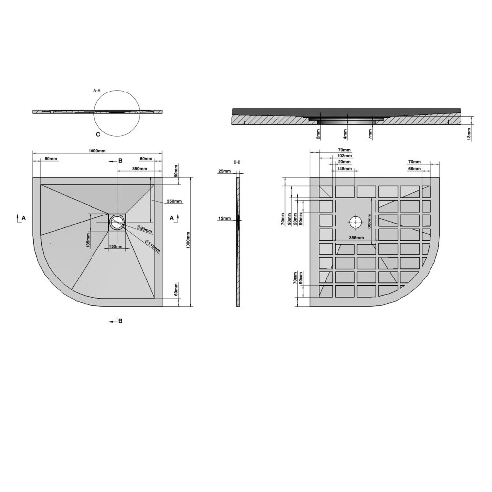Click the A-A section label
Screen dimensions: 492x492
pyautogui.click(x=97, y=91)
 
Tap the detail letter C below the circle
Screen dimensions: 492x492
pyautogui.click(x=98, y=134)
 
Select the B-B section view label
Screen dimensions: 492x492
pyautogui.click(x=237, y=162)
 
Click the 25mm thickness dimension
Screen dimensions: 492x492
pyautogui.click(x=224, y=171)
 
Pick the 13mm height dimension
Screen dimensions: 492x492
pyautogui.click(x=469, y=134)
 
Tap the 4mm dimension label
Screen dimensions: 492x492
pyautogui.click(x=346, y=133)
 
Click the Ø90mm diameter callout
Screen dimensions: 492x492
pyautogui.click(x=144, y=229)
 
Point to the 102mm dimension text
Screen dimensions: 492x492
pyautogui.click(x=344, y=156)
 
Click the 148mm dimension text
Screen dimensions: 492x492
pyautogui.click(x=344, y=169)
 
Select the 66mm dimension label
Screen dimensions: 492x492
pyautogui.click(x=414, y=169)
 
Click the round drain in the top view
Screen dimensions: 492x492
pyautogui.click(x=117, y=222)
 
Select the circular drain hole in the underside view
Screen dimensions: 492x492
pyautogui.click(x=356, y=222)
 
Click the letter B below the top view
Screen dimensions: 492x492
pyautogui.click(x=120, y=321)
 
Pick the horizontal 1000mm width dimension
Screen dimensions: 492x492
pyautogui.click(x=97, y=151)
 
